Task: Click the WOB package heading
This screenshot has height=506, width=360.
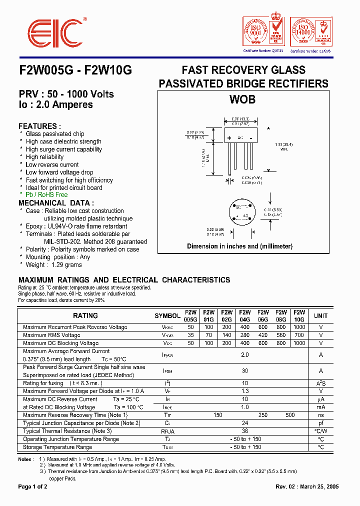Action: (x=242, y=99)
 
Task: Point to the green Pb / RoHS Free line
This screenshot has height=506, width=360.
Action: (x=46, y=195)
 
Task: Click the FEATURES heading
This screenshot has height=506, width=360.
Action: (x=40, y=126)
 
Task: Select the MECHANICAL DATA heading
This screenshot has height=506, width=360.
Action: (x=56, y=203)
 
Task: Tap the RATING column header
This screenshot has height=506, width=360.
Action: (x=85, y=315)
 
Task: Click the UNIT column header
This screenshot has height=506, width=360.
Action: (x=320, y=315)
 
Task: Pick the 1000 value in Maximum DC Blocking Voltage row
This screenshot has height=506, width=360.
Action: (x=299, y=343)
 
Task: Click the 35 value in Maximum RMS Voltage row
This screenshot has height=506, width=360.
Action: (x=190, y=335)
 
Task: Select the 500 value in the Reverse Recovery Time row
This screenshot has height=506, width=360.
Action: (x=290, y=415)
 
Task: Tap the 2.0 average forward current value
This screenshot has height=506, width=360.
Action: (x=244, y=354)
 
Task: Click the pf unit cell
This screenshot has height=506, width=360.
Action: (x=320, y=423)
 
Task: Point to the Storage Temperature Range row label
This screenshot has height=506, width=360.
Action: (x=57, y=447)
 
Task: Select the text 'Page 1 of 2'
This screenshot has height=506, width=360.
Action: (x=33, y=486)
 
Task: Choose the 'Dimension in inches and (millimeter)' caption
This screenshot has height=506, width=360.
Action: (x=239, y=246)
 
